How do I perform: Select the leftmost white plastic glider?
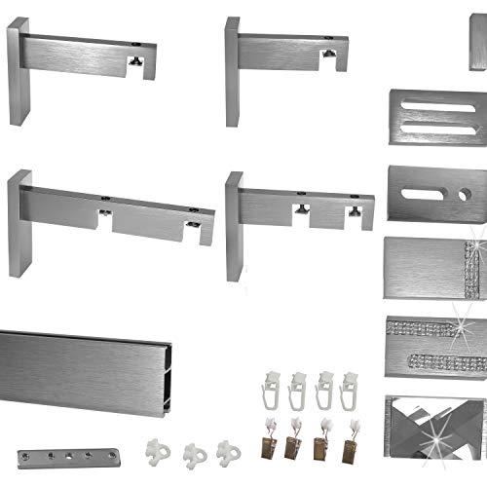pos(156,451)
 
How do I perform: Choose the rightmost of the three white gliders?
pos(228,450)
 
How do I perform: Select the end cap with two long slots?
pos(437,116)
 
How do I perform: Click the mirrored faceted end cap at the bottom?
pos(435,419)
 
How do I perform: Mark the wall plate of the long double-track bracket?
pos(19,223)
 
